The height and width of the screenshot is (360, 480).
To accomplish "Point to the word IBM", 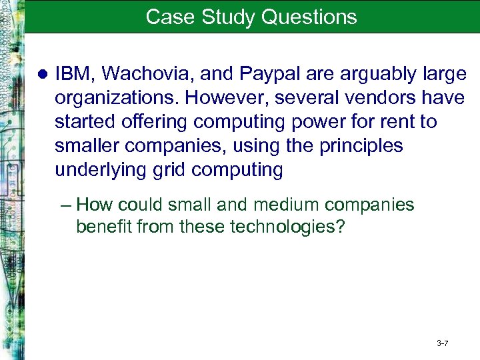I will click(71, 73).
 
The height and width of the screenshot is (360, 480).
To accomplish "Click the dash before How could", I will click(67, 204).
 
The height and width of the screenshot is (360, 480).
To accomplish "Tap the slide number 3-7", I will click(443, 343).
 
